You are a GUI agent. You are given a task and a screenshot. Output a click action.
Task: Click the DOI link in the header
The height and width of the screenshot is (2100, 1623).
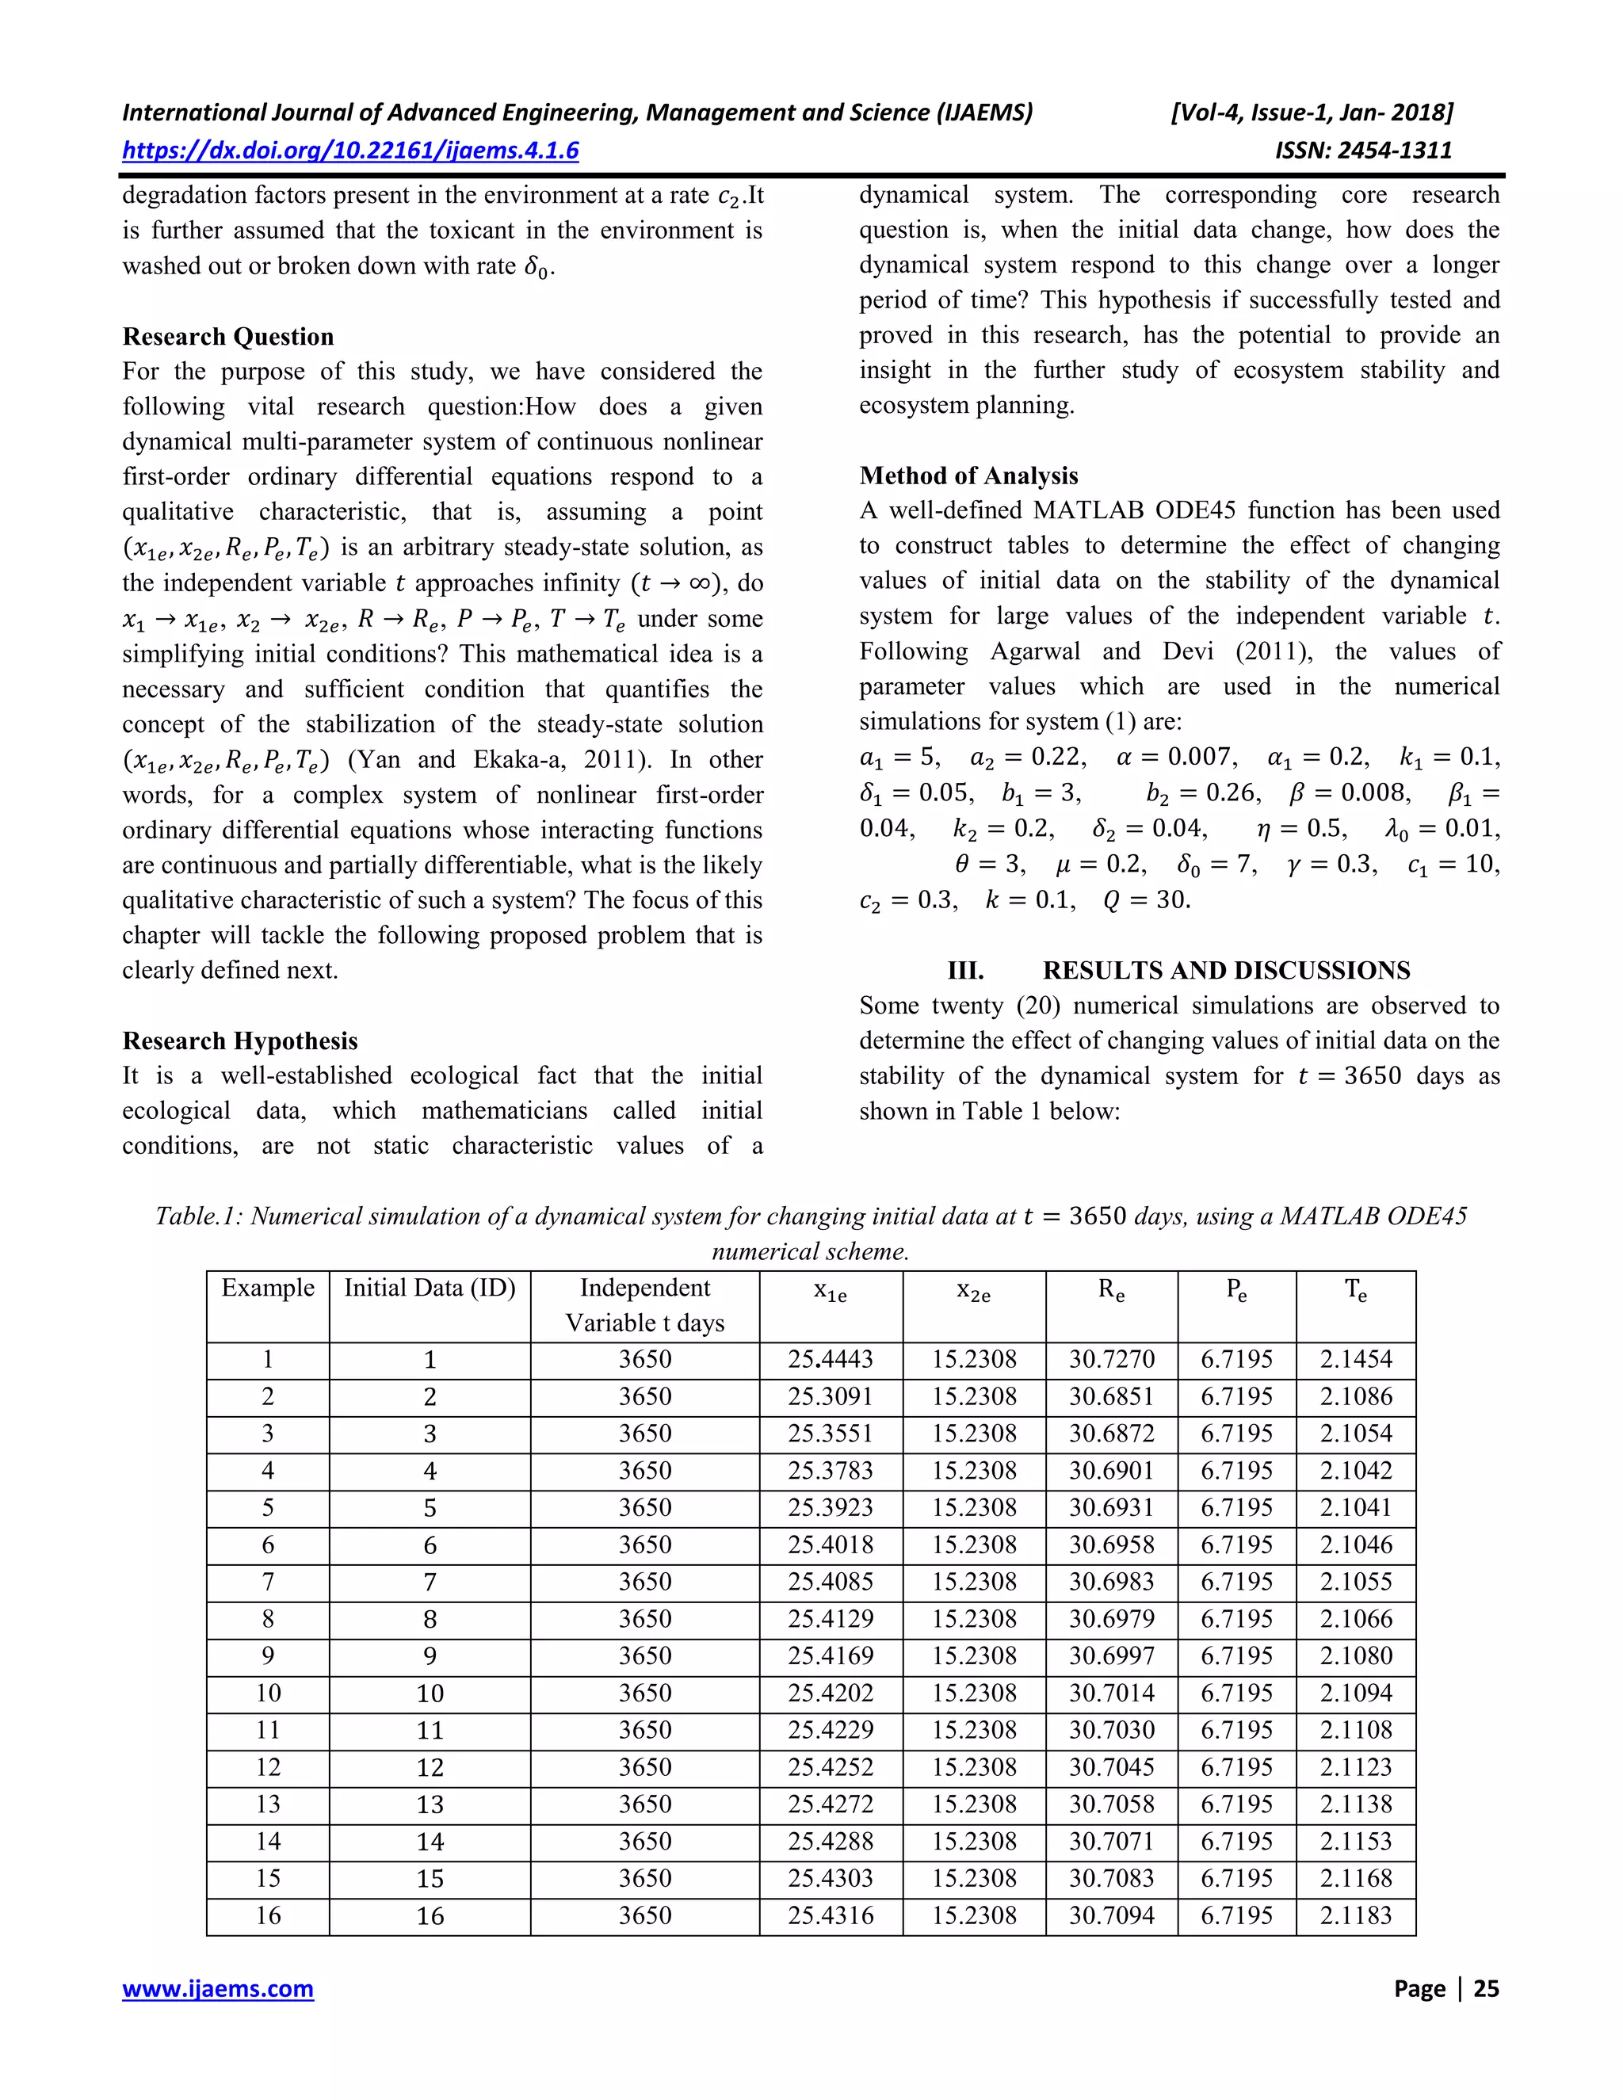click(350, 150)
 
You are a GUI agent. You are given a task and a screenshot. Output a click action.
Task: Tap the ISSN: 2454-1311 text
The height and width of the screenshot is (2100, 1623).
click(1362, 150)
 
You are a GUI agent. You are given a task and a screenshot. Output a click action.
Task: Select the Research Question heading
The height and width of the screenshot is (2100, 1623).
click(228, 337)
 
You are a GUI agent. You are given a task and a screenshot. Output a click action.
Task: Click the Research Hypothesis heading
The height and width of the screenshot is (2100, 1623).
click(239, 1040)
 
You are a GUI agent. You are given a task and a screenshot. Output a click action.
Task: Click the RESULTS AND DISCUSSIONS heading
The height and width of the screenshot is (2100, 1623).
click(1226, 970)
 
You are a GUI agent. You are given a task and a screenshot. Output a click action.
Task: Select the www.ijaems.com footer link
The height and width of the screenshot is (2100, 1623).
click(217, 1988)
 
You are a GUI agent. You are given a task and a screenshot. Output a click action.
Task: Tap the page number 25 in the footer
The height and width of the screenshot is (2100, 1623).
click(1486, 1988)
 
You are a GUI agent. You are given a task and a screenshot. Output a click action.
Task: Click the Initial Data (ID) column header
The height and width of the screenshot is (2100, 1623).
click(430, 1288)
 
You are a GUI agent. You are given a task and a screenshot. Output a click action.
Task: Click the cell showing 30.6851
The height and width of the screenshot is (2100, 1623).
click(1112, 1396)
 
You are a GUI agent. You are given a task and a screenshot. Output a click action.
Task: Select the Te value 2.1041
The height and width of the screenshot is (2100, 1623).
click(1356, 1508)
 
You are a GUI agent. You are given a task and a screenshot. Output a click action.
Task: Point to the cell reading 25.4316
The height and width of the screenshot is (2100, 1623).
click(831, 1915)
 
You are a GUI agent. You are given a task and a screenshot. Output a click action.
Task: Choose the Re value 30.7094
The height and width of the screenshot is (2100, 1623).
click(1112, 1915)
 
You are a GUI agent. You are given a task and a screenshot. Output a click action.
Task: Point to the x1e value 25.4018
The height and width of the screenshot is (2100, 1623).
click(831, 1544)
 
